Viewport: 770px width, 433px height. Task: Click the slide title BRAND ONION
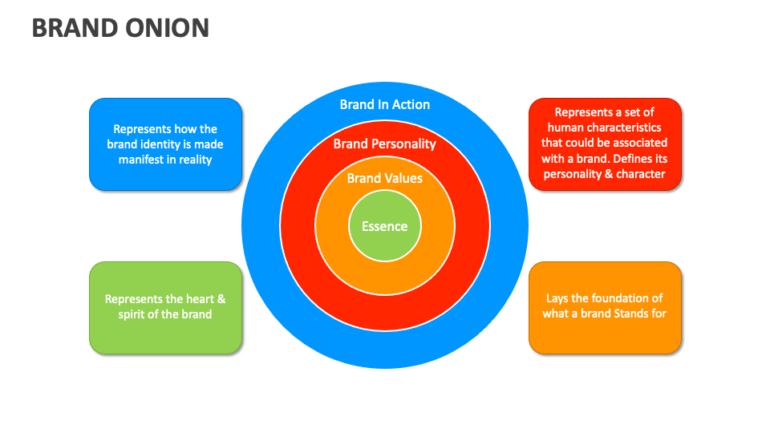[x=120, y=28]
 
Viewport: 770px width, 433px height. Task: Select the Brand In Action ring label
[x=385, y=104]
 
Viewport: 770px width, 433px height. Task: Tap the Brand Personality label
[x=385, y=144]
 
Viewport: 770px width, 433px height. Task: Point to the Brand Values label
[x=385, y=178]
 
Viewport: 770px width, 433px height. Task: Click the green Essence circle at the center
[x=385, y=226]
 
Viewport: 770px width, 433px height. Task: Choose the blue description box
[x=165, y=144]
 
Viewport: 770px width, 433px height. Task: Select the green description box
[x=165, y=307]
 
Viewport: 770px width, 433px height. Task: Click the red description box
[x=605, y=144]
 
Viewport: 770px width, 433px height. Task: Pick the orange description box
[x=605, y=307]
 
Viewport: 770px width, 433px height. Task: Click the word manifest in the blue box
[x=142, y=160]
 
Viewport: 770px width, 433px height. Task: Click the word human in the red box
[x=564, y=128]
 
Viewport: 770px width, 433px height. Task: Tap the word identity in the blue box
[x=157, y=144]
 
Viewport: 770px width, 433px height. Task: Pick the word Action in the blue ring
[x=410, y=104]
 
